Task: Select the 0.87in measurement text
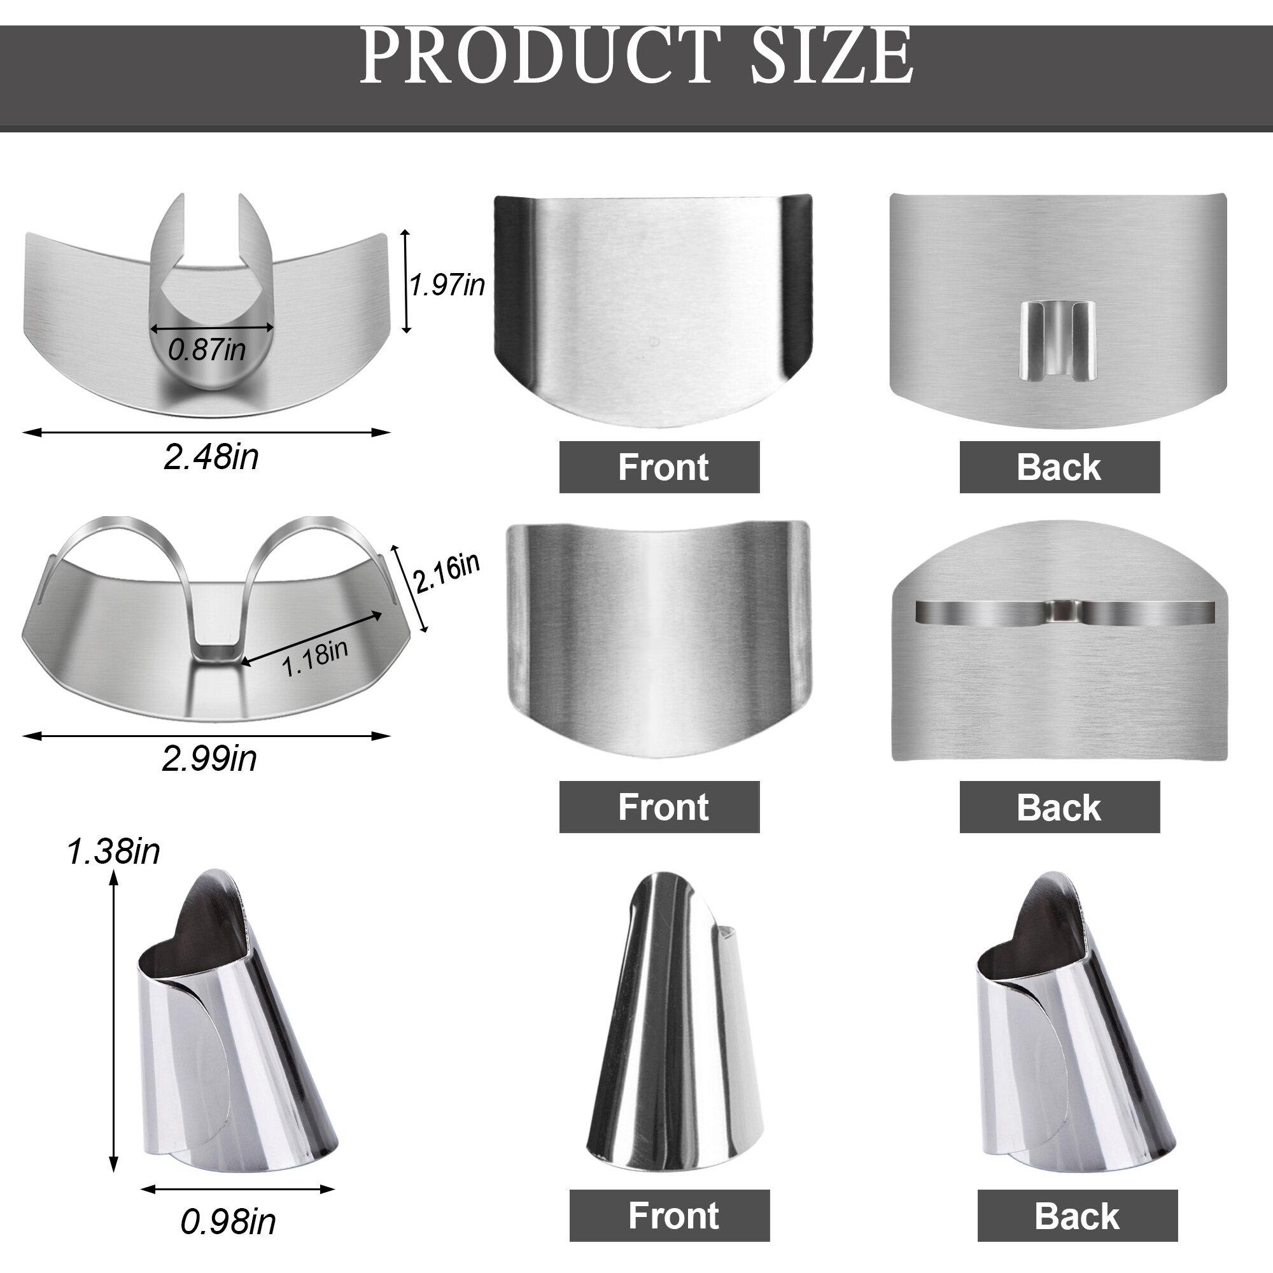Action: (207, 350)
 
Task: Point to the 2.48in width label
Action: (211, 456)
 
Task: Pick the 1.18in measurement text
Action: (315, 659)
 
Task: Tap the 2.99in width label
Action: (209, 759)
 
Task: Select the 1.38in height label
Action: (113, 853)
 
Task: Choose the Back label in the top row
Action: (1059, 467)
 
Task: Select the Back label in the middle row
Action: (1059, 806)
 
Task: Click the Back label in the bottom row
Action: (1077, 1197)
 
